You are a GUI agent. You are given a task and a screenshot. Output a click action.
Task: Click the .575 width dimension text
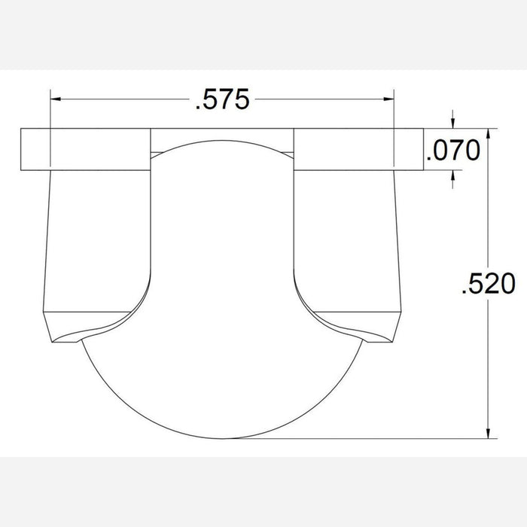click(221, 100)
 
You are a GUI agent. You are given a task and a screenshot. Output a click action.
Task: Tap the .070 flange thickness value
click(452, 151)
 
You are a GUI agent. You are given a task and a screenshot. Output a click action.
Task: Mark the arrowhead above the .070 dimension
click(452, 123)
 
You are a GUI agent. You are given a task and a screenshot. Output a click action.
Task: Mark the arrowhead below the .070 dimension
click(452, 176)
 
